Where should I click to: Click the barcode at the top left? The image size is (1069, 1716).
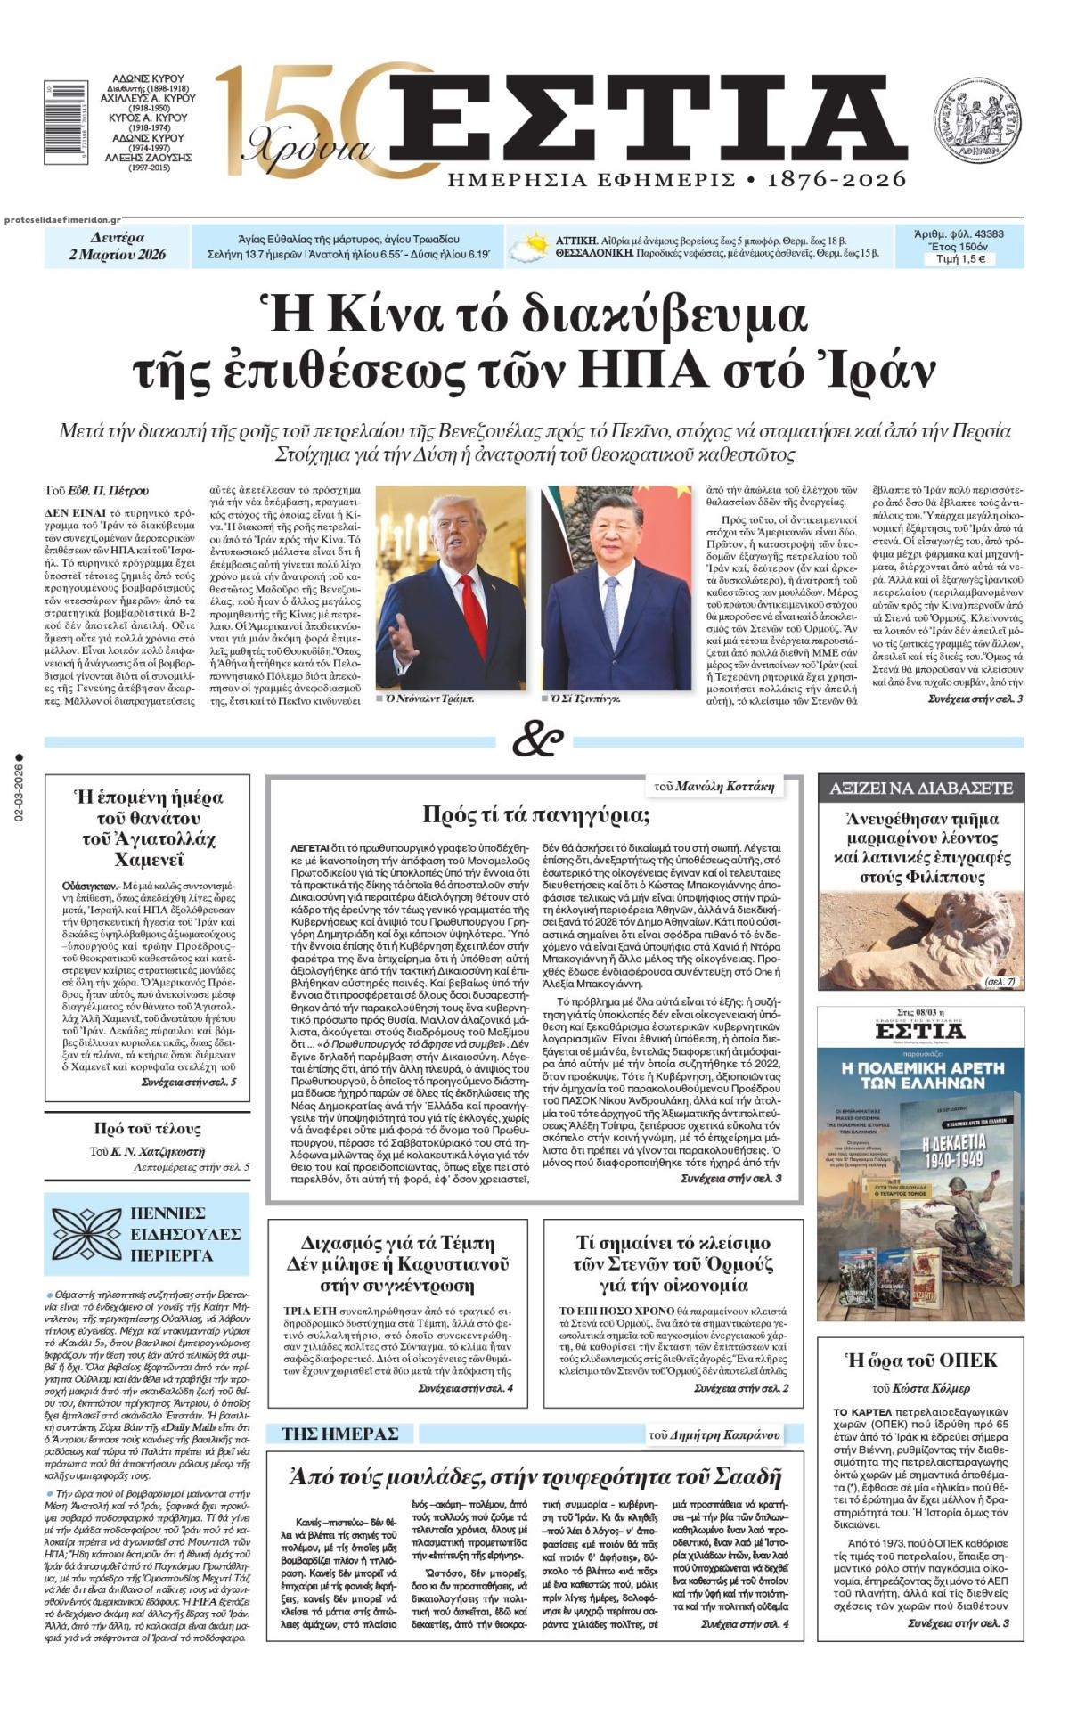click(60, 122)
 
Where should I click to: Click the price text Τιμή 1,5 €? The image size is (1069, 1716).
click(959, 259)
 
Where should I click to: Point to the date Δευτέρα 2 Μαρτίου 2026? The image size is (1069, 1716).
click(118, 246)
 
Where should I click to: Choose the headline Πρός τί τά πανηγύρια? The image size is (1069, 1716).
click(535, 814)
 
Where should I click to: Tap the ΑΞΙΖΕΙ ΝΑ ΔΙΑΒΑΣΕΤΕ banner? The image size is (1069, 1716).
click(920, 788)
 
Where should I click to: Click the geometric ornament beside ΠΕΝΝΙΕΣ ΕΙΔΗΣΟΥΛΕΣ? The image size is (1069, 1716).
click(86, 1234)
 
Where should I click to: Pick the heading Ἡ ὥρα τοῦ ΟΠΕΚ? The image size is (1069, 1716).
click(920, 1360)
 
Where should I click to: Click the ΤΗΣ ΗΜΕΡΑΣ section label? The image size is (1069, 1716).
click(339, 1434)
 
